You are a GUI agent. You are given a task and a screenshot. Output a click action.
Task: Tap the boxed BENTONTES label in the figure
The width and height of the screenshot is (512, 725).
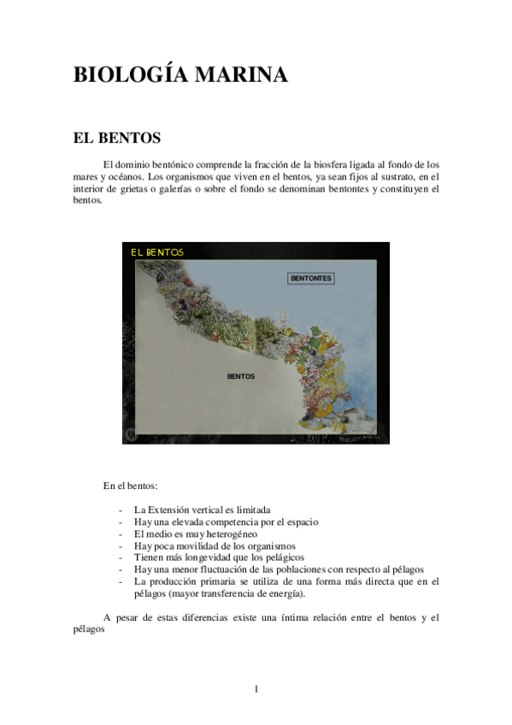click(311, 279)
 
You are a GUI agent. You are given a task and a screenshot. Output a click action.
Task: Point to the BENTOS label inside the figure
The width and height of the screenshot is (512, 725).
click(241, 375)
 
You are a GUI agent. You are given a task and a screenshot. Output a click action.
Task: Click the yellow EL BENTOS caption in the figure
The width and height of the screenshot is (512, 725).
click(156, 252)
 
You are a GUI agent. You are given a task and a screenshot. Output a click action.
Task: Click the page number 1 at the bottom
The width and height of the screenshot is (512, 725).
click(256, 689)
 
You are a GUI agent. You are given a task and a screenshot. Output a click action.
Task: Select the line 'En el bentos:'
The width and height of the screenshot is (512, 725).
click(131, 486)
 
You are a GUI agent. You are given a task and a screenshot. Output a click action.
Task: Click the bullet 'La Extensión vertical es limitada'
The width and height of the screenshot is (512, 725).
click(202, 510)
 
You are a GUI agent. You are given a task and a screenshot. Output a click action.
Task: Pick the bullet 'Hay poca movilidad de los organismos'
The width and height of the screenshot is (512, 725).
click(215, 545)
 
